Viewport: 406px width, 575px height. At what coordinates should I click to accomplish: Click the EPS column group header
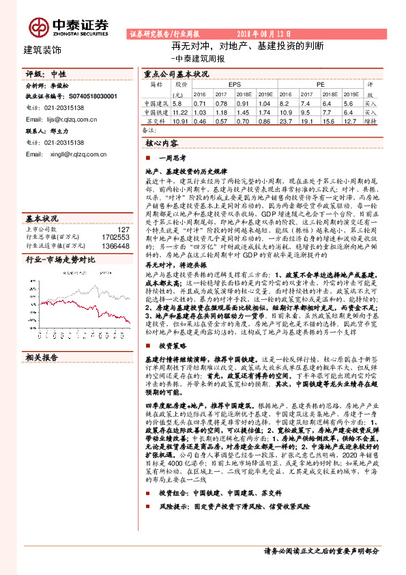tap(235, 84)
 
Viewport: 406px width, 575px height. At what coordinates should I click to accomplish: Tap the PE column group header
tap(319, 84)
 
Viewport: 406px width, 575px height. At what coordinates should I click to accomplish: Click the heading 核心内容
tap(162, 144)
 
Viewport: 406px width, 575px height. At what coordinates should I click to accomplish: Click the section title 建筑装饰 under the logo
tap(42, 50)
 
